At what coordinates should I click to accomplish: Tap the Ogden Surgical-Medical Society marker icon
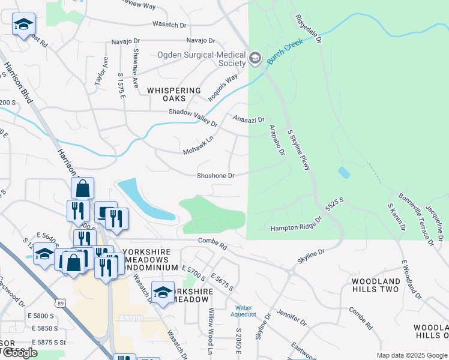tap(255, 58)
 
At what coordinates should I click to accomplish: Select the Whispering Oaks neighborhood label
tap(174, 94)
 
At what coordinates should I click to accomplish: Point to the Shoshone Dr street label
tap(215, 176)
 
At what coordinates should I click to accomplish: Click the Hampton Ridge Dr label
tap(296, 227)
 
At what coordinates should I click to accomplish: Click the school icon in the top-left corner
tap(23, 25)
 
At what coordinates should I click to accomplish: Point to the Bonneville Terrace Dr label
tap(414, 214)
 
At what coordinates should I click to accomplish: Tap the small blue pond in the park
tap(344, 173)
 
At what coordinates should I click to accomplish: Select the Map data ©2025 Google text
tap(411, 355)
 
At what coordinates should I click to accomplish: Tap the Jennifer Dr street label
tap(292, 317)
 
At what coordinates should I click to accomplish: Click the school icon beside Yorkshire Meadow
tap(162, 292)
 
